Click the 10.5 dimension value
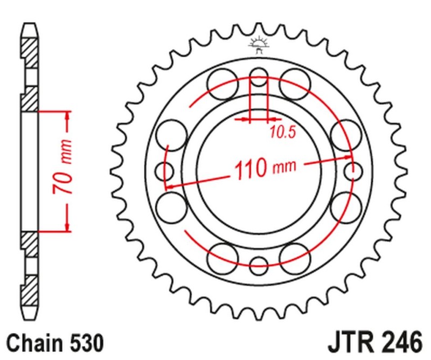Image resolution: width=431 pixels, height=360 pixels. pyautogui.click(x=283, y=132)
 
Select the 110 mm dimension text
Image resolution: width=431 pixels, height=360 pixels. pyautogui.click(x=265, y=169)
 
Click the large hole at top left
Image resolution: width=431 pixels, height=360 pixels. pyautogui.click(x=223, y=85)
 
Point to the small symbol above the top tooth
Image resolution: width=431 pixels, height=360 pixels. pyautogui.click(x=259, y=46)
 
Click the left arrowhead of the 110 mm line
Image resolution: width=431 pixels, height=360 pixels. pyautogui.click(x=169, y=186)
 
